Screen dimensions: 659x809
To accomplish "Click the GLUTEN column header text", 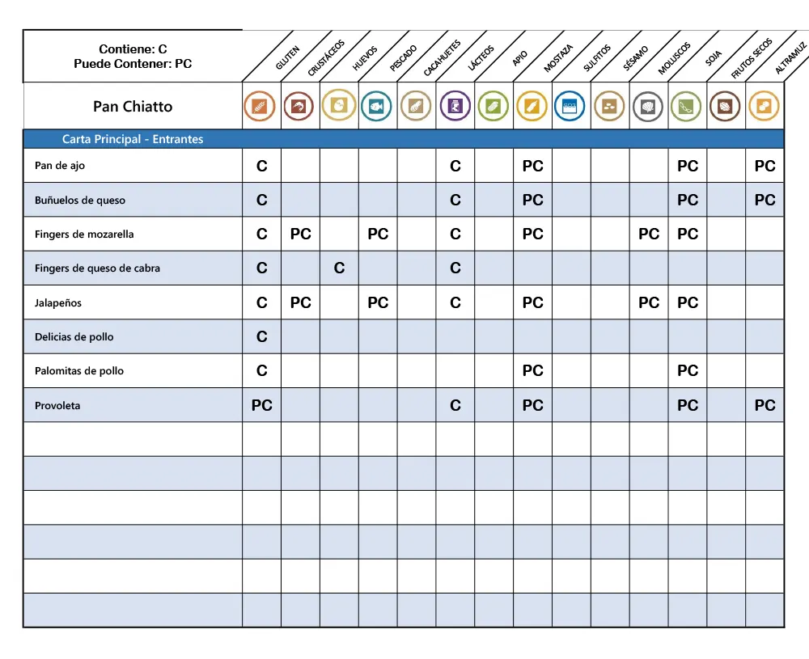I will coord(287,58).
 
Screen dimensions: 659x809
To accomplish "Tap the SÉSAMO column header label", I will coord(636,59).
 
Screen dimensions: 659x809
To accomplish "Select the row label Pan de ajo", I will coord(60,166).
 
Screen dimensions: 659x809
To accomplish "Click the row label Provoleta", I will coord(57,406).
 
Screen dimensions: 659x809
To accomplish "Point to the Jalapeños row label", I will coord(58,303).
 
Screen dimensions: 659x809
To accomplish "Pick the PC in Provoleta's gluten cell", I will coord(262,406).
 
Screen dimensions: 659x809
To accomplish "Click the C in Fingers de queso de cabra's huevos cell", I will coord(339,268).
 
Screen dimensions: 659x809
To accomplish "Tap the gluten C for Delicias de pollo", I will coord(262,337).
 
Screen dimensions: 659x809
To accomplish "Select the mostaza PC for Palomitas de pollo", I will coord(533,371).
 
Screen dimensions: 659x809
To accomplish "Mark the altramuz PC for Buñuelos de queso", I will coord(765,201).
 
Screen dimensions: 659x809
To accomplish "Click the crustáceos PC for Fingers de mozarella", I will coord(301,234).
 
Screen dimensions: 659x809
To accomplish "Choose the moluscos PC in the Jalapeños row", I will coord(649,303).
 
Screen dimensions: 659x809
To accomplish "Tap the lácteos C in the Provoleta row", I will coord(455,406).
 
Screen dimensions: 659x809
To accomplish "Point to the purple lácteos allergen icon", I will coord(455,107).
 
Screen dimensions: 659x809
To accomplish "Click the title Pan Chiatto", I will coord(133,107).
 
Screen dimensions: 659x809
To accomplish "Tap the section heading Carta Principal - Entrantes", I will coord(133,139).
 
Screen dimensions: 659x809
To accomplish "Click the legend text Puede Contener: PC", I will coord(133,64).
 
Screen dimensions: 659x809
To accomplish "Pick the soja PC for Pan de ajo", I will coord(688,167).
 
